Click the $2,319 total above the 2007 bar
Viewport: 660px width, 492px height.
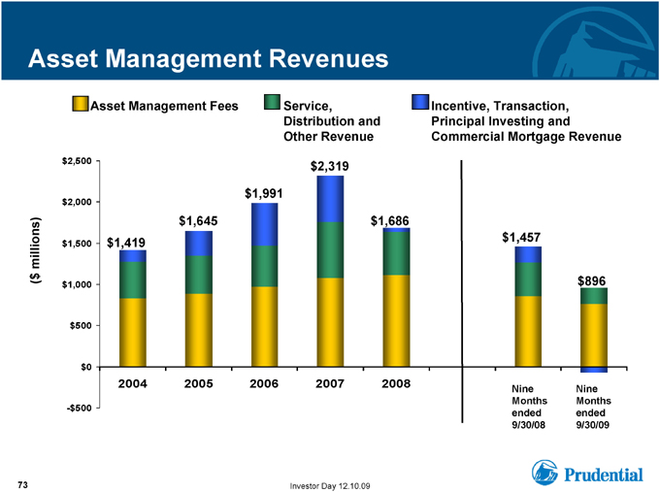pyautogui.click(x=330, y=167)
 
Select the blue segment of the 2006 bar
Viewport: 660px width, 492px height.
pyautogui.click(x=264, y=224)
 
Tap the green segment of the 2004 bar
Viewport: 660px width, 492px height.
pyautogui.click(x=133, y=280)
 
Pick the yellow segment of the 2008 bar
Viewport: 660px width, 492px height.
pyautogui.click(x=397, y=320)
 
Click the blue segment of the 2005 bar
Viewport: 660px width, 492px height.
pyautogui.click(x=199, y=244)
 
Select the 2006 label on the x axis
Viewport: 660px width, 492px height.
pyautogui.click(x=264, y=383)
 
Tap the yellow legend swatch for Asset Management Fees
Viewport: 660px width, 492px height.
pyautogui.click(x=80, y=104)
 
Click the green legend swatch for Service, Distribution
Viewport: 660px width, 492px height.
pyautogui.click(x=272, y=102)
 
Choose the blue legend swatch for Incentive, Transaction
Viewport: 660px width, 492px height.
pyautogui.click(x=420, y=102)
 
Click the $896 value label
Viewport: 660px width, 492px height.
pyautogui.click(x=591, y=280)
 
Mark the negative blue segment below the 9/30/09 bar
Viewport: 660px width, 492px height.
pyautogui.click(x=594, y=370)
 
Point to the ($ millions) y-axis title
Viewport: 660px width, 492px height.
pyautogui.click(x=36, y=250)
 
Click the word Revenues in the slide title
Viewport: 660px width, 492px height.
pyautogui.click(x=329, y=58)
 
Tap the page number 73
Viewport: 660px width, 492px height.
pyautogui.click(x=22, y=485)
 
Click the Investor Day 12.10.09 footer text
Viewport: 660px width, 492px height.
pyautogui.click(x=330, y=486)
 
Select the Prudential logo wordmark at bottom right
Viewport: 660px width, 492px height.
pyautogui.click(x=604, y=475)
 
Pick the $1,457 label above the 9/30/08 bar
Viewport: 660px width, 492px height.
pyautogui.click(x=521, y=238)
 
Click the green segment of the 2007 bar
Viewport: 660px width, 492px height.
pyautogui.click(x=330, y=250)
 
